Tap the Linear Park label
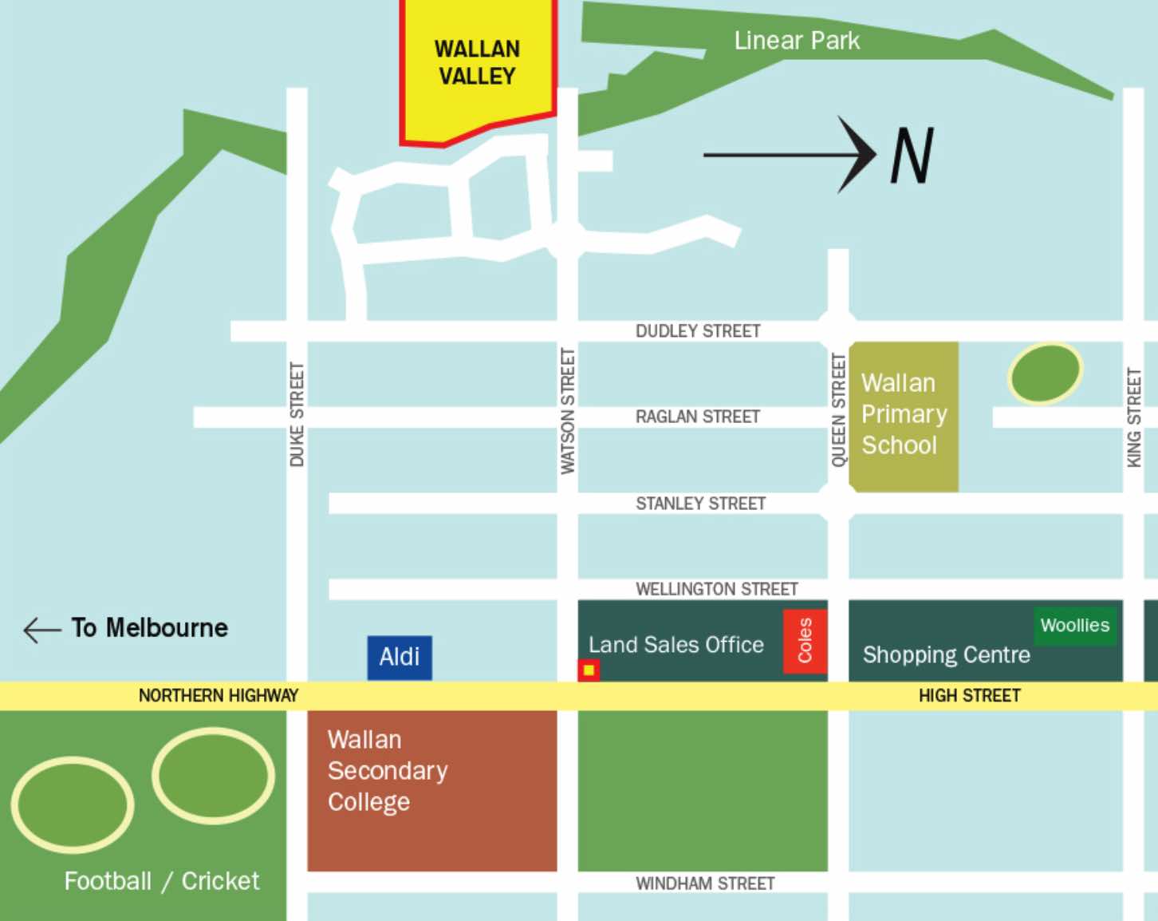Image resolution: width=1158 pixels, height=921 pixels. (x=796, y=41)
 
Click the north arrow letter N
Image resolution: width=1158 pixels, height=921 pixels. (x=912, y=156)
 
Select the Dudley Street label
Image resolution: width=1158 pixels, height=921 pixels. (x=698, y=331)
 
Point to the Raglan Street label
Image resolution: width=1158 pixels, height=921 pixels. (x=697, y=417)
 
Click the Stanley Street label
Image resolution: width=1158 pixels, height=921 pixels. (x=700, y=504)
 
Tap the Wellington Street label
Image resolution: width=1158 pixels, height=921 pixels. (x=716, y=589)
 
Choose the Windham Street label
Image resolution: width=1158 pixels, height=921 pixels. (x=705, y=883)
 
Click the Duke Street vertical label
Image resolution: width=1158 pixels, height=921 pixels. (x=297, y=414)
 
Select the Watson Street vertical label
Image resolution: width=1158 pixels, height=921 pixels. (x=567, y=411)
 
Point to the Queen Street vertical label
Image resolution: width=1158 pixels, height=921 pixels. (x=838, y=410)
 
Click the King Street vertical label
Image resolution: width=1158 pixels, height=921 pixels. (x=1133, y=417)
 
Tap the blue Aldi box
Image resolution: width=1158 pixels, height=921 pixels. (x=400, y=658)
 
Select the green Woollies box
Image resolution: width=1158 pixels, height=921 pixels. (x=1074, y=626)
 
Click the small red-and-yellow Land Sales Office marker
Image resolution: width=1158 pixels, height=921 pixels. (x=589, y=670)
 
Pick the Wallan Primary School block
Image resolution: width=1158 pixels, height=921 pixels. (x=904, y=415)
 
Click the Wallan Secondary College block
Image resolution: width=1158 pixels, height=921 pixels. (x=431, y=790)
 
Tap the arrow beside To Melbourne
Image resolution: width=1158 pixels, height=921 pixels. (x=41, y=630)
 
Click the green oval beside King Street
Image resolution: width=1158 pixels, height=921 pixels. (x=1045, y=373)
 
